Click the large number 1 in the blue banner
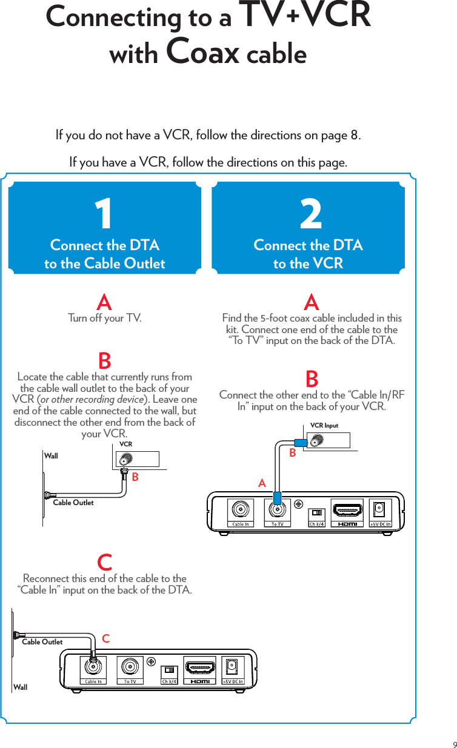pyautogui.click(x=104, y=216)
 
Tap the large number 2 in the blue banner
pyautogui.click(x=311, y=216)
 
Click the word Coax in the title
pyautogui.click(x=202, y=53)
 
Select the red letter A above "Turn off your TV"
pyautogui.click(x=104, y=302)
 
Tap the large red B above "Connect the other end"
pyautogui.click(x=312, y=380)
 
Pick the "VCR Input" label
pyautogui.click(x=324, y=426)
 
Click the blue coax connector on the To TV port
pyautogui.click(x=276, y=498)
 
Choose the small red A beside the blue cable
pyautogui.click(x=262, y=483)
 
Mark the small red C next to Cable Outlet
pyautogui.click(x=105, y=638)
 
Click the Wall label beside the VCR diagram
pyautogui.click(x=52, y=456)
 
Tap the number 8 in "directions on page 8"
pyautogui.click(x=354, y=134)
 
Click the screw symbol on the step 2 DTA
pyautogui.click(x=298, y=503)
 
